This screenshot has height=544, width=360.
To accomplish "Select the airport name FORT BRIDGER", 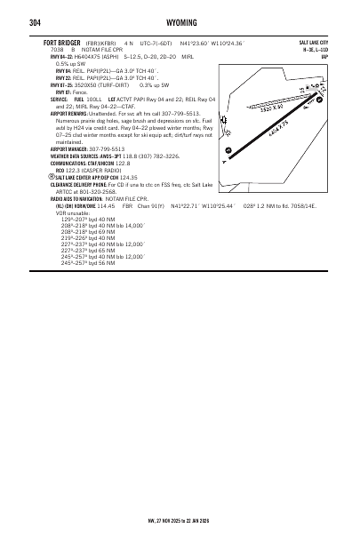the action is point(66,42).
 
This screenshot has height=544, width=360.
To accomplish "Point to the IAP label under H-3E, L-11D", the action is point(325,57).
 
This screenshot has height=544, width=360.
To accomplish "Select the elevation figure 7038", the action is point(59,50).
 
